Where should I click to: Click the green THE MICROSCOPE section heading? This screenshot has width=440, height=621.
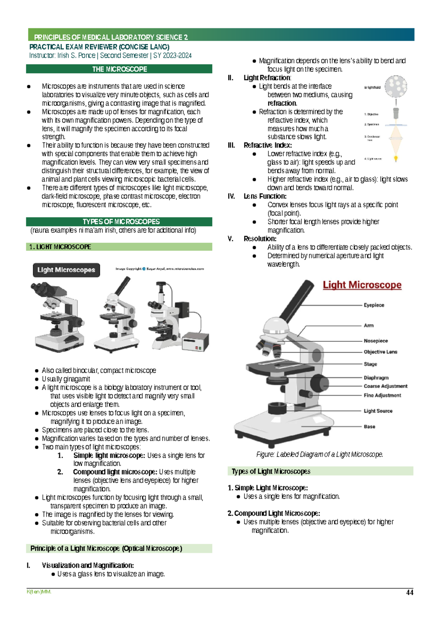click(119, 69)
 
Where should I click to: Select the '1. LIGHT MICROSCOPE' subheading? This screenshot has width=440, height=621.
click(60, 247)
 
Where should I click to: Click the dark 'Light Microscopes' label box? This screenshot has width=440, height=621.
click(66, 270)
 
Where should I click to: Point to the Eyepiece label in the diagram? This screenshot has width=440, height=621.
click(374, 305)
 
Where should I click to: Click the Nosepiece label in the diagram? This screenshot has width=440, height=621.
click(375, 341)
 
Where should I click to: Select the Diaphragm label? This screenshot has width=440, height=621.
click(376, 378)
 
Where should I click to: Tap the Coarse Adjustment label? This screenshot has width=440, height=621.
click(385, 386)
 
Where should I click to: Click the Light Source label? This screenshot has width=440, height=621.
click(378, 411)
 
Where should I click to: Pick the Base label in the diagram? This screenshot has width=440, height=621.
click(369, 427)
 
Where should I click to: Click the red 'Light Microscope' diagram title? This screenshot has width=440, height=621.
click(362, 285)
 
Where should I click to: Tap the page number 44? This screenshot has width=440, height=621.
click(410, 592)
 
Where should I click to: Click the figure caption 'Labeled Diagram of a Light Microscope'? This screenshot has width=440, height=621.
click(319, 454)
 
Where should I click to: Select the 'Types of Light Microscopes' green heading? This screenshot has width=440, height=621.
click(271, 471)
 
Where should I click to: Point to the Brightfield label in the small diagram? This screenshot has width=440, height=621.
click(372, 88)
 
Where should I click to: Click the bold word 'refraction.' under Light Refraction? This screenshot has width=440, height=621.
click(282, 103)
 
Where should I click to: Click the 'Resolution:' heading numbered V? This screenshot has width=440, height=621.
click(260, 239)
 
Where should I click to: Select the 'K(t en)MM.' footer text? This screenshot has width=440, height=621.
click(39, 592)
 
